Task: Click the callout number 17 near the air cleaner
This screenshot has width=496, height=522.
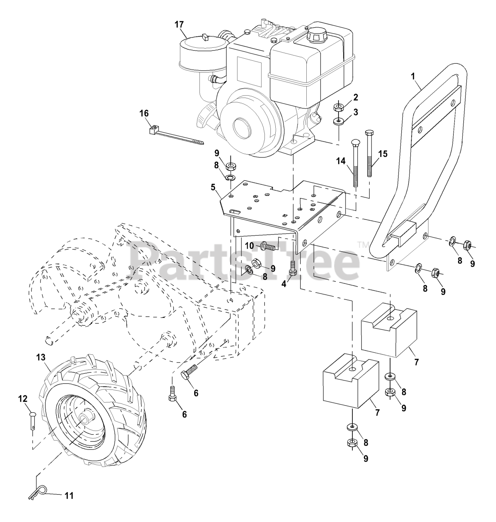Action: (179, 24)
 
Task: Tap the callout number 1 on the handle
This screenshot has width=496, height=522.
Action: (413, 76)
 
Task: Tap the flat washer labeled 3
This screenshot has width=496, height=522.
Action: (338, 122)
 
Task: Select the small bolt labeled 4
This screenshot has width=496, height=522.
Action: (292, 270)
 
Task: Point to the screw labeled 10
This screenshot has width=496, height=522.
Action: (268, 246)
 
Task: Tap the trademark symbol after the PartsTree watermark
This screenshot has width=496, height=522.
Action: (361, 244)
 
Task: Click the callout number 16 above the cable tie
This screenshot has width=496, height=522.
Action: (144, 113)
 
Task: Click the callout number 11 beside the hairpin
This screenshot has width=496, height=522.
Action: (69, 496)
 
